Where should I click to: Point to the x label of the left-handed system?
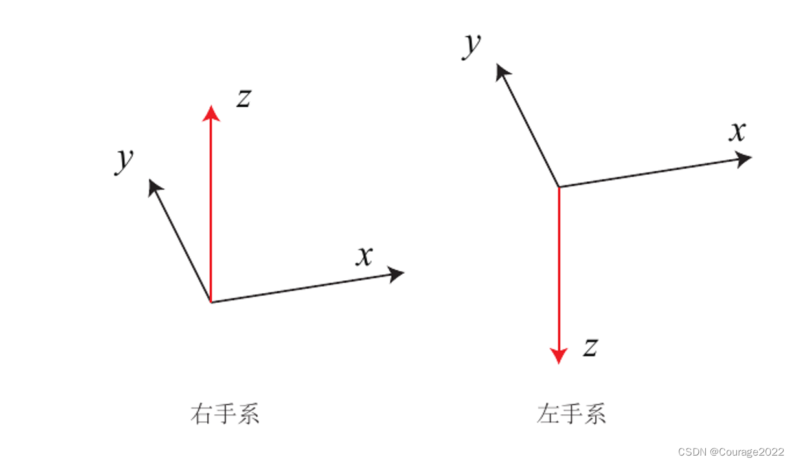tap(737, 132)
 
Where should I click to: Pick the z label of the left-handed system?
tap(589, 348)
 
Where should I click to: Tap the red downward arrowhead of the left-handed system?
tap(558, 355)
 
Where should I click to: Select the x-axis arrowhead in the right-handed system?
tap(396, 274)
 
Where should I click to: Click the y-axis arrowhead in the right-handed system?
tap(154, 187)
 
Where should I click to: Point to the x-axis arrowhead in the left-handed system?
tap(743, 159)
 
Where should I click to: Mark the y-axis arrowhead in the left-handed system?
tap(501, 71)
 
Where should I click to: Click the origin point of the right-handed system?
tap(211, 302)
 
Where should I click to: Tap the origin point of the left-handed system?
tap(558, 187)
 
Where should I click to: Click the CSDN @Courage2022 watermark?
tap(731, 452)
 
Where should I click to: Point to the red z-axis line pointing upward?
tap(211, 207)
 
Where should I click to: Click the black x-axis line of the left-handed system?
tap(648, 173)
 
